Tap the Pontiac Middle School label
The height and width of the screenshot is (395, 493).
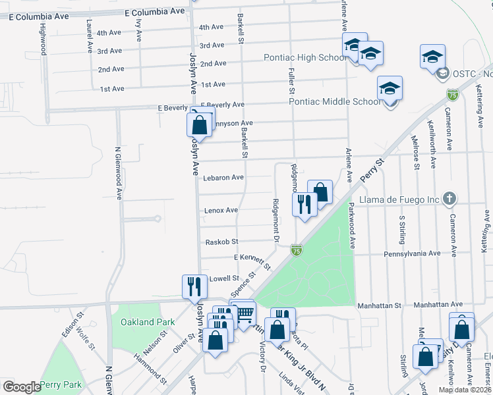[x=335, y=101]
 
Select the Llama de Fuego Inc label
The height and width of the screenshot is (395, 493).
[x=400, y=199]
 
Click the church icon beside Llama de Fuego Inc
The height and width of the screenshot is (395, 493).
[x=449, y=198]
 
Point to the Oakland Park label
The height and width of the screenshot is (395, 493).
[x=148, y=322]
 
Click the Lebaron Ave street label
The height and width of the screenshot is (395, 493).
[x=223, y=178]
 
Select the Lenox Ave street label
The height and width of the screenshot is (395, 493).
[x=221, y=210]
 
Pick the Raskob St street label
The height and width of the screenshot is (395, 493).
[x=221, y=242]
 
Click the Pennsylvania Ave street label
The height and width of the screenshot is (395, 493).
[x=416, y=253]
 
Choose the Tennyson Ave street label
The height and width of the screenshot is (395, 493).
[x=231, y=123]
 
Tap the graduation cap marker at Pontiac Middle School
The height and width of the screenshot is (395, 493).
[x=390, y=88]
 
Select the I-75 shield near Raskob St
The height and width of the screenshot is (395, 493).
[x=297, y=250]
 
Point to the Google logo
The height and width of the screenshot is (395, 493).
[x=21, y=387]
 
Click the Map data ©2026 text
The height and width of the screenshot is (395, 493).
[x=465, y=390]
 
